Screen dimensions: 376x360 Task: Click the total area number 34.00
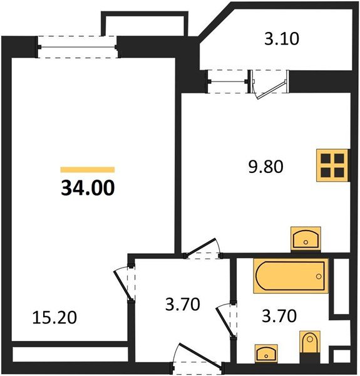[88, 187]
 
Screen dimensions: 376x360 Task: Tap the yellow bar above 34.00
[88, 169]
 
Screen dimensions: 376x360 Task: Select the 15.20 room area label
[54, 318]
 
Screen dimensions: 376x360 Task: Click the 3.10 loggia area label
[282, 39]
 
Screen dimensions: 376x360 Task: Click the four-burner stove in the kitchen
[331, 164]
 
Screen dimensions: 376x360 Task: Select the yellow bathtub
[291, 276]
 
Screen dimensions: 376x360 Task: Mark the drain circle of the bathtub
[319, 276]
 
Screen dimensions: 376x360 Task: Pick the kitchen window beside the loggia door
[227, 82]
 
